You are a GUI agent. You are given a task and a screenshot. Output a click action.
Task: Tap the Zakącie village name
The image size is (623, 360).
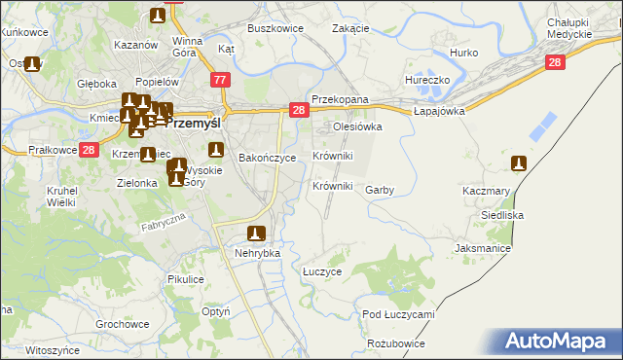pyautogui.click(x=350, y=28)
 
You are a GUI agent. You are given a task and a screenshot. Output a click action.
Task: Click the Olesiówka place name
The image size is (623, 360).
pyautogui.click(x=357, y=126)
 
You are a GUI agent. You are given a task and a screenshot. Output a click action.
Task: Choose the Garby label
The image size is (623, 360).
pyautogui.click(x=380, y=191)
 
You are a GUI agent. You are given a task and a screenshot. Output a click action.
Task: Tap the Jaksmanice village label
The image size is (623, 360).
pyautogui.click(x=483, y=248)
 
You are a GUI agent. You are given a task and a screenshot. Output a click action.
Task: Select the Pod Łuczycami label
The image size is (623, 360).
pyautogui.click(x=398, y=315)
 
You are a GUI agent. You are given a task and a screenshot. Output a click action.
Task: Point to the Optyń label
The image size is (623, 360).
pyautogui.click(x=215, y=312)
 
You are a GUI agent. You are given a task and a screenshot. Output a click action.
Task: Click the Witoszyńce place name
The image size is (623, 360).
pyautogui.click(x=53, y=349)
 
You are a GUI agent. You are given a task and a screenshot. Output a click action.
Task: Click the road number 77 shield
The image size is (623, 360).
pyautogui.click(x=222, y=80)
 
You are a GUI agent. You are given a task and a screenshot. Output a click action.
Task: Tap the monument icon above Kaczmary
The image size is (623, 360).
pyautogui.click(x=520, y=163)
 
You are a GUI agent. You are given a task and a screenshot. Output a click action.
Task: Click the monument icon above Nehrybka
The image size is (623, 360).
pyautogui.click(x=257, y=234)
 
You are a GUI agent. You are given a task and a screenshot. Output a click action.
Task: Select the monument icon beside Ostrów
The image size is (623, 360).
pyautogui.click(x=33, y=65)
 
